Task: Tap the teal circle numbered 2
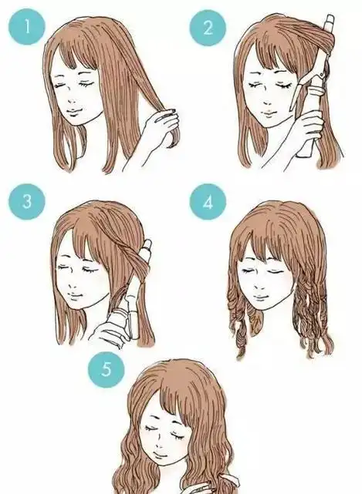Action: [206, 29]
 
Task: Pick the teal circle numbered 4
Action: [206, 203]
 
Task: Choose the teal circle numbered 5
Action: [107, 368]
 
